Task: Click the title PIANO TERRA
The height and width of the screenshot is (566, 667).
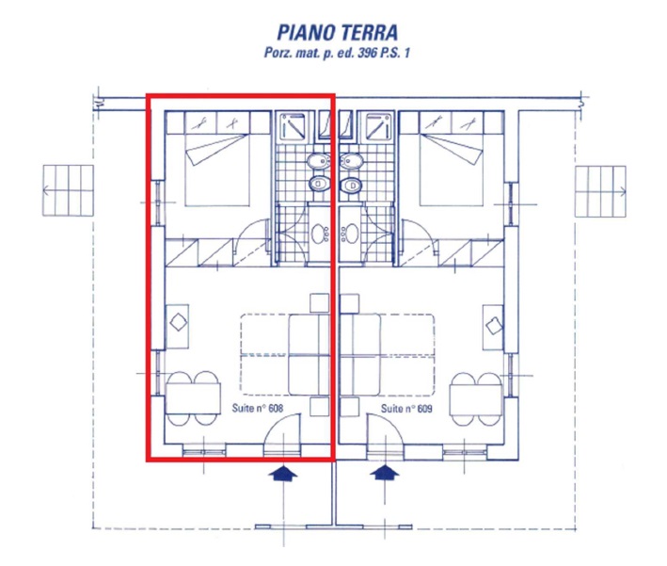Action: click(338, 33)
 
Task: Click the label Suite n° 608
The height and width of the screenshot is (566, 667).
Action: click(258, 408)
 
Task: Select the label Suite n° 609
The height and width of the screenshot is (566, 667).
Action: click(406, 409)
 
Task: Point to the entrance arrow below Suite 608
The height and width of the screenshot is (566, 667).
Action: click(283, 473)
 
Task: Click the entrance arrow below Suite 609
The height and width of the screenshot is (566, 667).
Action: click(385, 473)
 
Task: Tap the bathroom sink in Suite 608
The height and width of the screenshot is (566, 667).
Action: click(319, 234)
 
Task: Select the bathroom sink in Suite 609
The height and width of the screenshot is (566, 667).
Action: click(350, 234)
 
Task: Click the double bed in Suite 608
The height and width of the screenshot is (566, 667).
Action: click(217, 170)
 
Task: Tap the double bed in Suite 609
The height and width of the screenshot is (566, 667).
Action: click(452, 170)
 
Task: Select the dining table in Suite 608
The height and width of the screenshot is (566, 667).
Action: click(193, 398)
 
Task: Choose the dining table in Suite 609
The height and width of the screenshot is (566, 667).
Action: click(476, 398)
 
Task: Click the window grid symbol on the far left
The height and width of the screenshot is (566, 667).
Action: click(68, 190)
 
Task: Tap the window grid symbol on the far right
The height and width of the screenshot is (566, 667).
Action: click(600, 191)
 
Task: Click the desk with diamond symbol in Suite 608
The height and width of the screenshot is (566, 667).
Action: click(178, 326)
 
